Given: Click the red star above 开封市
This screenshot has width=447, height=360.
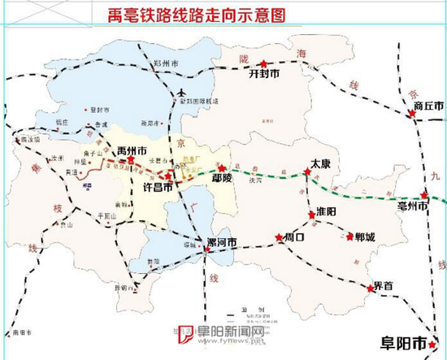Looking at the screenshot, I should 264,63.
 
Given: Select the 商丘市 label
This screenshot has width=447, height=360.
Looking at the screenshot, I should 428,106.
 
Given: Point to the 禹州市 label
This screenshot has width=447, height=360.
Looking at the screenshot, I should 131,151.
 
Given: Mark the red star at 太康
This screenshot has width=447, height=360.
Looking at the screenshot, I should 307,171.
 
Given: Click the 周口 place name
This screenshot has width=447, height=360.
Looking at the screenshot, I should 293,238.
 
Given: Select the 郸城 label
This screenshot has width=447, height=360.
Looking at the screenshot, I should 365,237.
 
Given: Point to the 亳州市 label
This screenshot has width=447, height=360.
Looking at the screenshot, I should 423,207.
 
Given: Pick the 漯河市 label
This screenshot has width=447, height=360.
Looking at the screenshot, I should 220,243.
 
